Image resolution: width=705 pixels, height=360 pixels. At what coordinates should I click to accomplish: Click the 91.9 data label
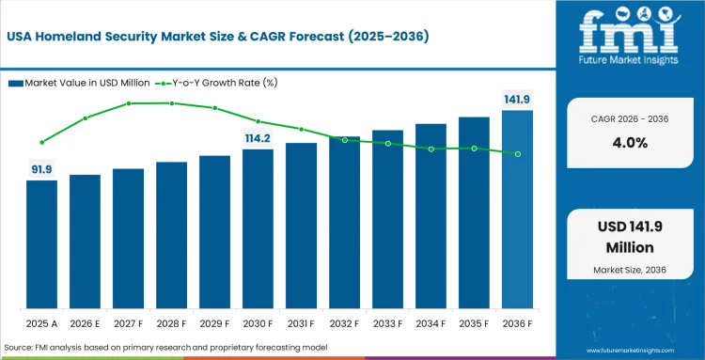coord(41,169)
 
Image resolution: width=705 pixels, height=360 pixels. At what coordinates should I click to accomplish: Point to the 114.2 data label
coord(258,138)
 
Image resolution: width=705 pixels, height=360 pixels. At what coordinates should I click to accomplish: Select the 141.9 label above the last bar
coord(517,100)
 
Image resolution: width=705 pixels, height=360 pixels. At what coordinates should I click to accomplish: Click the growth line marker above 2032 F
coord(344,140)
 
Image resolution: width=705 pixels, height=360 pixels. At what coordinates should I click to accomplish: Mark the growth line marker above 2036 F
coord(517,153)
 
